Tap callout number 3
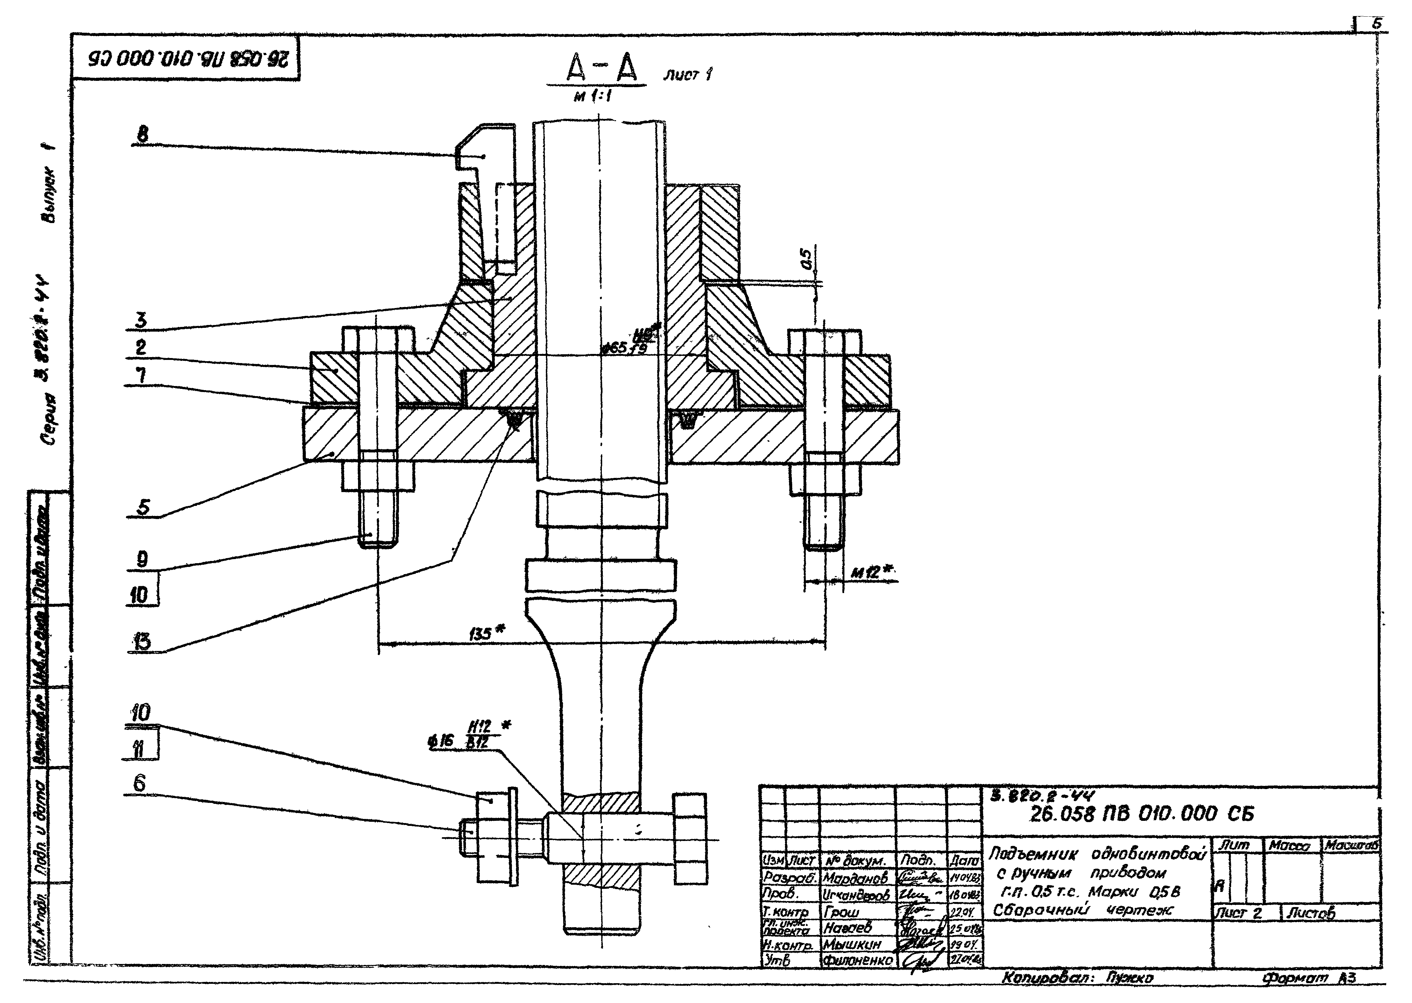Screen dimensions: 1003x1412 pyautogui.click(x=142, y=320)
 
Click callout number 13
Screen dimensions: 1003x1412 pyautogui.click(x=142, y=643)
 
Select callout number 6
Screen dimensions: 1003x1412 pyautogui.click(x=140, y=783)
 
